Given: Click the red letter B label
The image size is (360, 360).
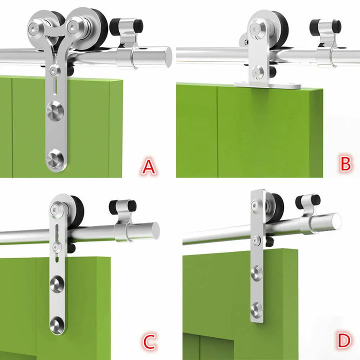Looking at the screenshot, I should pos(345,163).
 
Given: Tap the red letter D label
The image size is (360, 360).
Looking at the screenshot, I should pos(343,341).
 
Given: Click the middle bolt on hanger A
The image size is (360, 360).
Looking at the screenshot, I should pos(55,111).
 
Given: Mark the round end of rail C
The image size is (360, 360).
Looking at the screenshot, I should pos(151,230).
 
